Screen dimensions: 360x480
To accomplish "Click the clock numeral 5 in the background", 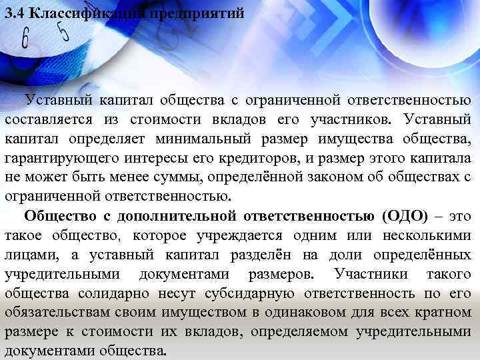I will [x=64, y=31].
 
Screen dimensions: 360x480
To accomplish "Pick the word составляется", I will [x=48, y=120].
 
